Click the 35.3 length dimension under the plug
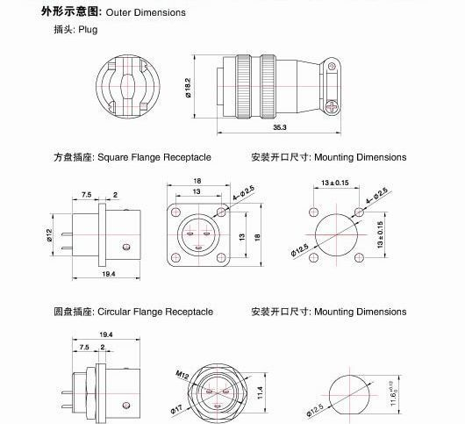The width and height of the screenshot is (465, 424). click(279, 127)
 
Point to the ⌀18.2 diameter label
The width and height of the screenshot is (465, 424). click(200, 86)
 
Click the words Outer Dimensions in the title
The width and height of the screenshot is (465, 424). click(146, 13)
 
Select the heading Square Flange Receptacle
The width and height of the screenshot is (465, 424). click(154, 157)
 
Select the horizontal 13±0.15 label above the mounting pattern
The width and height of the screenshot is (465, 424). click(336, 183)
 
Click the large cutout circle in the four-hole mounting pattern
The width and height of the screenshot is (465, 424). click(336, 234)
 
